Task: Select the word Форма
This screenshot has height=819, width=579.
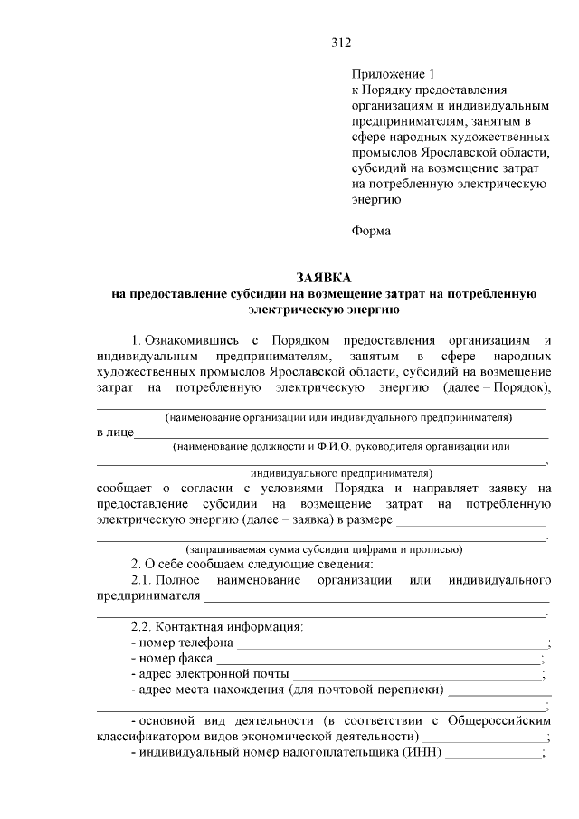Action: pos(371,231)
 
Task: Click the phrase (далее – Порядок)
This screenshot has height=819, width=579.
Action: pos(497,388)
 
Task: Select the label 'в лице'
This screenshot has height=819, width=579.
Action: pos(115,433)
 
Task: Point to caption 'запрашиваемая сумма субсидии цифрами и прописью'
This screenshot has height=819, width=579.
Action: pos(324,549)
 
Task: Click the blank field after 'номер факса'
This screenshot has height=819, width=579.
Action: pos(381,660)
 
